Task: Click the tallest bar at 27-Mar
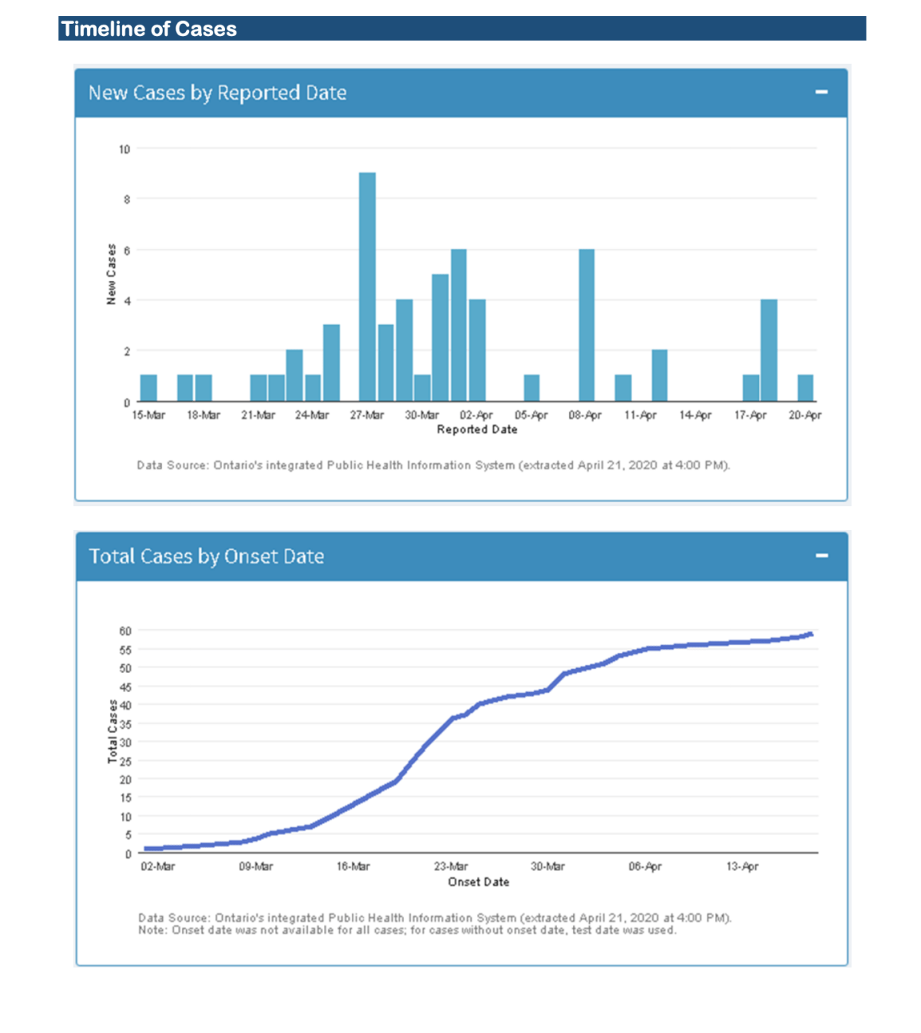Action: [367, 286]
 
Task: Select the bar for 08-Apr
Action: [586, 325]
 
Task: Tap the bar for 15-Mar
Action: [148, 388]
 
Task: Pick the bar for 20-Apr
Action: [805, 388]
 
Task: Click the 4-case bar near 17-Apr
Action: [769, 350]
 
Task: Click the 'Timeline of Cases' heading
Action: [149, 29]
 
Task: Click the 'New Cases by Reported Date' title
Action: [217, 93]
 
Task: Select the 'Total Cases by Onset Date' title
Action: [207, 557]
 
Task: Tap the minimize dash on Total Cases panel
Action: [821, 555]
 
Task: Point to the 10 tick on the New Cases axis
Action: [124, 149]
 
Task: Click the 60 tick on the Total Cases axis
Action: [125, 631]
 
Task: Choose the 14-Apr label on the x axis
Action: [695, 416]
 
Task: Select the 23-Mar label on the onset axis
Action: [450, 866]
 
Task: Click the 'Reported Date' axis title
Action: [477, 429]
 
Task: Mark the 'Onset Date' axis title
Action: [479, 882]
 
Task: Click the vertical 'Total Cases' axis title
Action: [113, 731]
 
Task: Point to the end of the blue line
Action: [810, 634]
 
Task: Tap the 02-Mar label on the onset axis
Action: [157, 866]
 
